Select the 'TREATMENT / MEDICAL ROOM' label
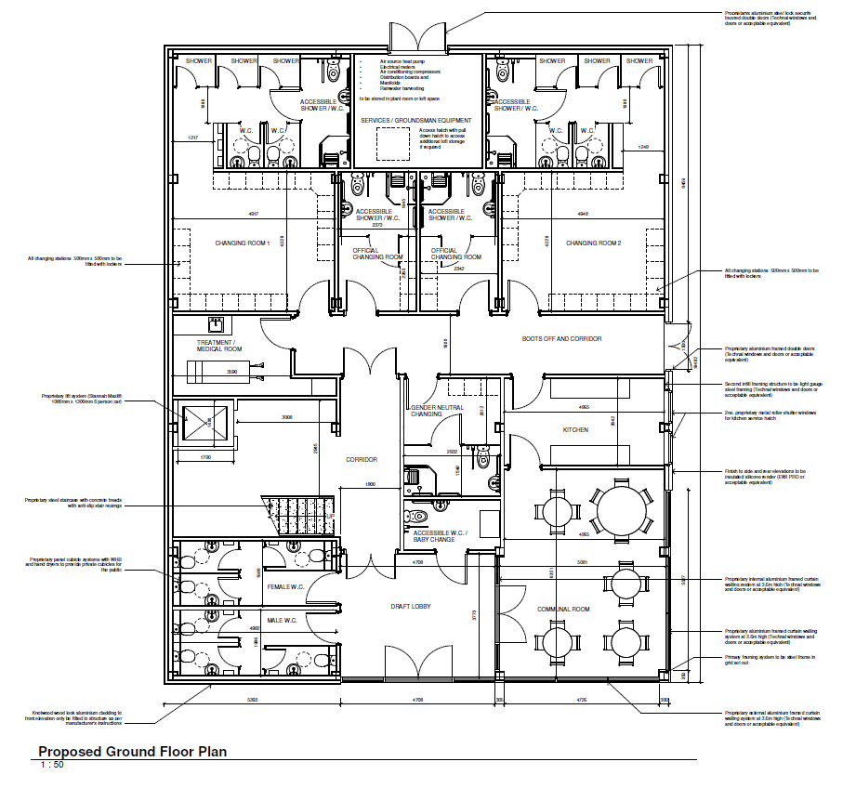(x=219, y=345)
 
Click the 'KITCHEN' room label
(x=576, y=431)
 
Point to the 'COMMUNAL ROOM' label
(x=564, y=610)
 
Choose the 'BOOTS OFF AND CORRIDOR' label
(x=561, y=339)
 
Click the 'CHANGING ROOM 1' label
(x=242, y=243)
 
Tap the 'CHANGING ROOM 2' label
(x=593, y=243)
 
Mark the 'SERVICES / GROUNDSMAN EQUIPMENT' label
(x=415, y=121)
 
